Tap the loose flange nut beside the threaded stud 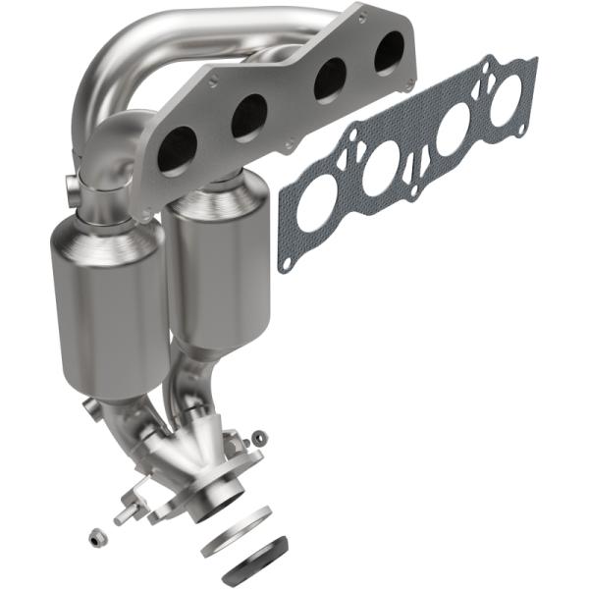[x=97, y=537]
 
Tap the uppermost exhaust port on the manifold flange [x=389, y=51]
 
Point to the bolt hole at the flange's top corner [x=362, y=17]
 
